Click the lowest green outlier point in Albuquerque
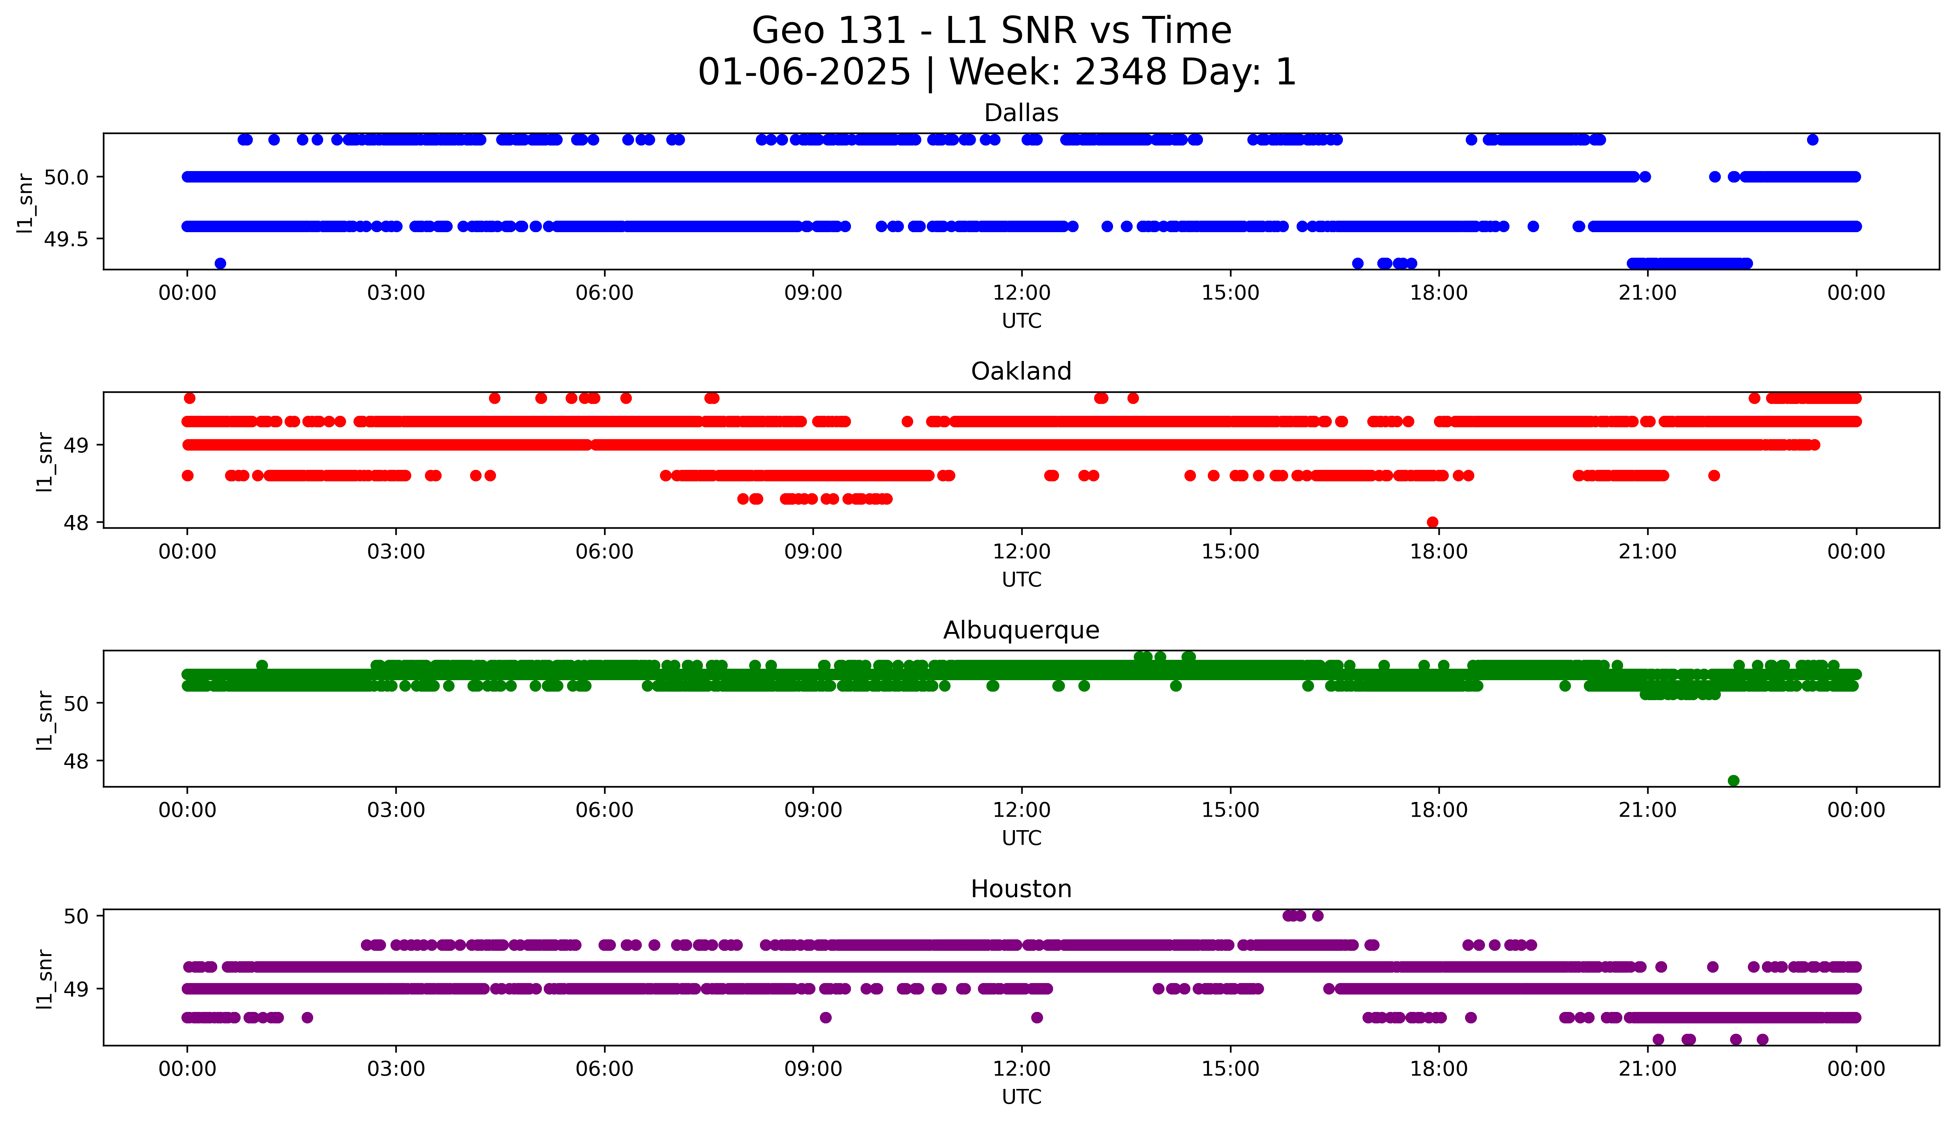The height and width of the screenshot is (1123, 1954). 1733,781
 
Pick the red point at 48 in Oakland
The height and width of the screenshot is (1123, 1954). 1432,522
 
